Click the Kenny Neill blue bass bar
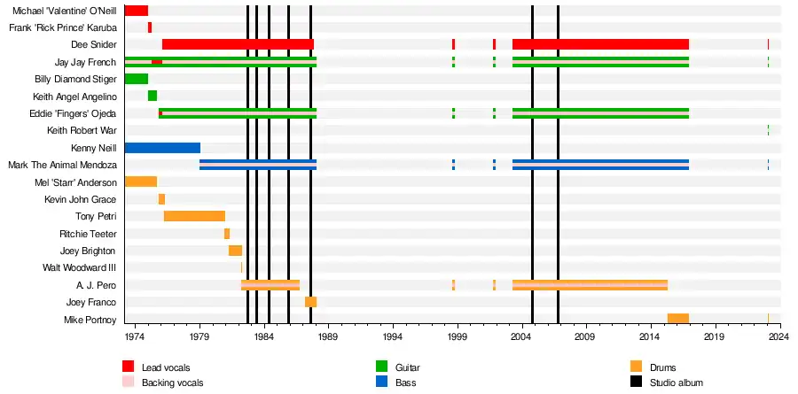coord(162,148)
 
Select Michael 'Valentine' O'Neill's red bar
coord(136,11)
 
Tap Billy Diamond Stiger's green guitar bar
coord(136,79)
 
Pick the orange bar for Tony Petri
coord(194,216)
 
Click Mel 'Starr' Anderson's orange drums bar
coord(140,182)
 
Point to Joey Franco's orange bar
coord(310,302)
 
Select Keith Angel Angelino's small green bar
coord(153,96)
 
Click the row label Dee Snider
coord(93,45)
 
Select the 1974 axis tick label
coord(135,337)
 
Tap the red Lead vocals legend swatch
coord(129,367)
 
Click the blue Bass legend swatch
coord(382,382)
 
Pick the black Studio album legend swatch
coord(636,382)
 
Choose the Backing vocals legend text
coord(172,382)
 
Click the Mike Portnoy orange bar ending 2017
coord(678,319)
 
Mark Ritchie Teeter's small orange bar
coord(227,234)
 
